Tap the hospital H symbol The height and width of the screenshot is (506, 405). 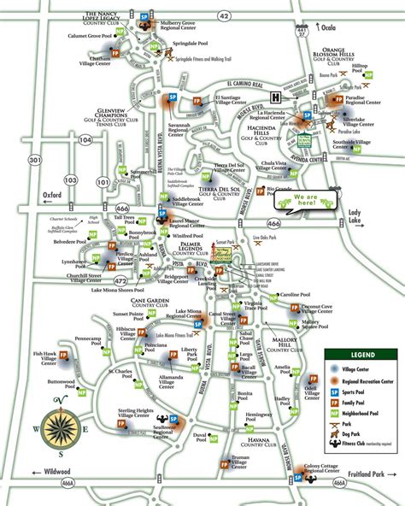276,96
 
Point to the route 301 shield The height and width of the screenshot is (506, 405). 33,160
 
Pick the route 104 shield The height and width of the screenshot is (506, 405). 85,138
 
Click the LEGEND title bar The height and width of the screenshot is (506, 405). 361,354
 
